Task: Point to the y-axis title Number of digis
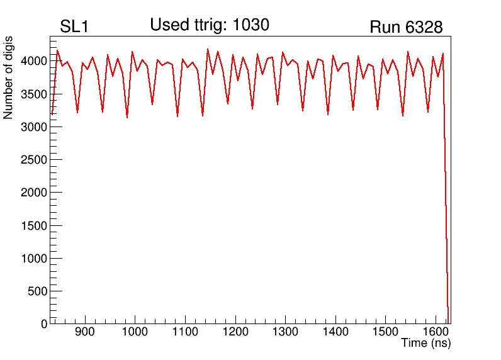(8, 77)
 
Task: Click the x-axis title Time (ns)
(426, 344)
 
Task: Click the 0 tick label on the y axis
(44, 323)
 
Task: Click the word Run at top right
(385, 28)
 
